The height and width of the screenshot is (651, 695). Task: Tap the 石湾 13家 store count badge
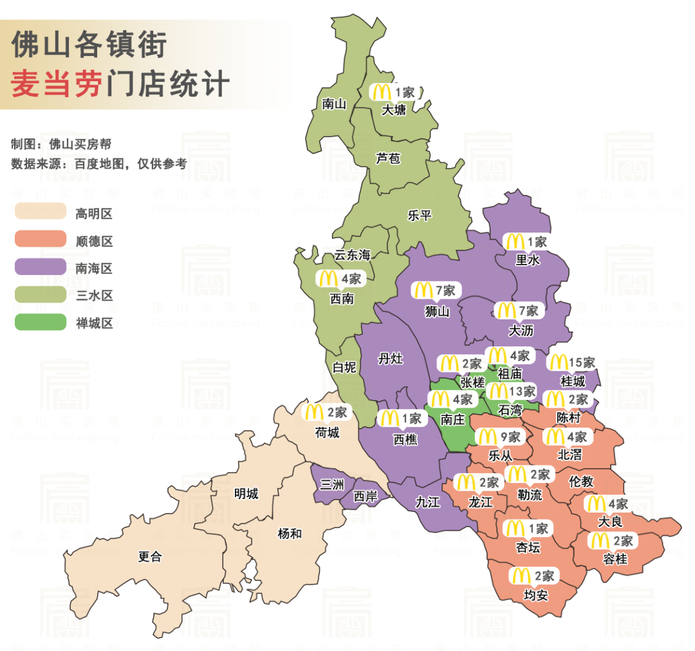pyautogui.click(x=512, y=392)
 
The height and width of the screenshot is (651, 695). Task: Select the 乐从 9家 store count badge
pyautogui.click(x=501, y=437)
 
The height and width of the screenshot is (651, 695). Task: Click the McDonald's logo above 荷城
pyautogui.click(x=314, y=411)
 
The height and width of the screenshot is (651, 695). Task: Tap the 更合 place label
pyautogui.click(x=150, y=557)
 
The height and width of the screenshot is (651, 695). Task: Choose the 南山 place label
pyautogui.click(x=333, y=103)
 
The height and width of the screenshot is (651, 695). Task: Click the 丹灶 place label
pyautogui.click(x=391, y=359)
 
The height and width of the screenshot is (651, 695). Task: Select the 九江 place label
pyautogui.click(x=428, y=502)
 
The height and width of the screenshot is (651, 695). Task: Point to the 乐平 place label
pyautogui.click(x=420, y=215)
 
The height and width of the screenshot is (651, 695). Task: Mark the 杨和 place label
pyautogui.click(x=290, y=533)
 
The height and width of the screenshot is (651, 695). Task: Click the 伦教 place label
pyautogui.click(x=581, y=481)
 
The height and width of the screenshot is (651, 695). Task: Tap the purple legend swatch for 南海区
pyautogui.click(x=40, y=267)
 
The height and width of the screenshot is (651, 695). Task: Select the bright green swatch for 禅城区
pyautogui.click(x=40, y=322)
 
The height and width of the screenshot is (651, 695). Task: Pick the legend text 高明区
pyautogui.click(x=94, y=213)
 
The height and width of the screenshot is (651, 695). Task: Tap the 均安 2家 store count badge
pyautogui.click(x=533, y=575)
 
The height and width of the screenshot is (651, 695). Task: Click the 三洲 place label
pyautogui.click(x=331, y=484)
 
